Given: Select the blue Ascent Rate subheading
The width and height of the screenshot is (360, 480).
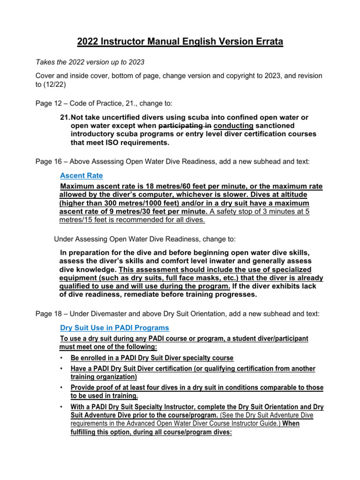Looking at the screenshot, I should [x=81, y=175].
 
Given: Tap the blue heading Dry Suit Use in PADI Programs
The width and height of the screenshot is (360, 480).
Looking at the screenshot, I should [x=114, y=327].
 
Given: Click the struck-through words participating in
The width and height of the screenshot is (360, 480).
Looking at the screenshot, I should [x=185, y=126].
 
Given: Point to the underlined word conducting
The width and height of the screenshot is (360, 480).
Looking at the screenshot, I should [x=233, y=126].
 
